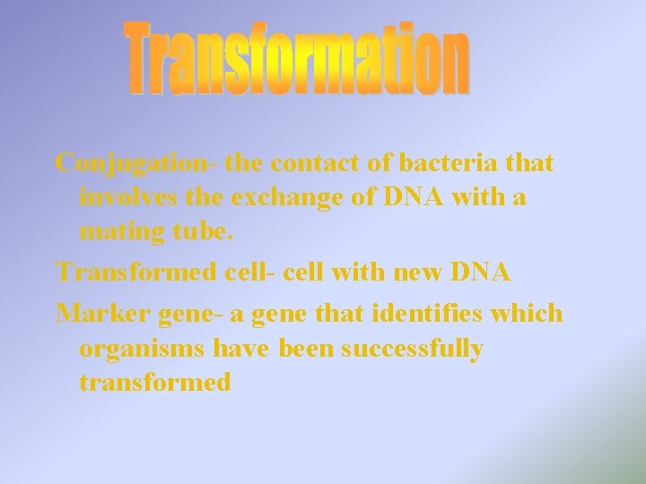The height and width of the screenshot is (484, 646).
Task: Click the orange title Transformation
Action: click(296, 58)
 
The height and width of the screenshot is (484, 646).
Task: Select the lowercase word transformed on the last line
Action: click(155, 383)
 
